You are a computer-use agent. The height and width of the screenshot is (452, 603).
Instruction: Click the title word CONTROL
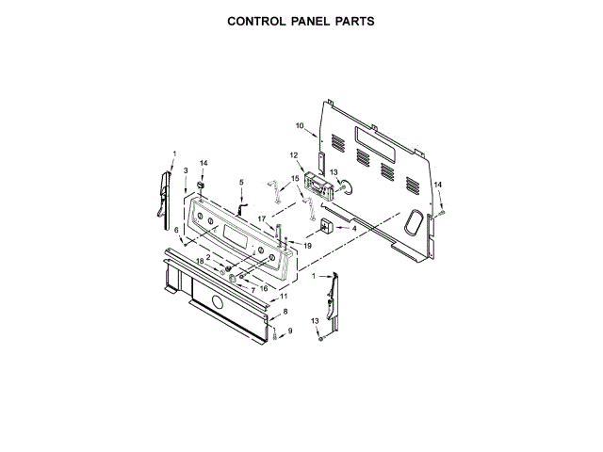[259, 20]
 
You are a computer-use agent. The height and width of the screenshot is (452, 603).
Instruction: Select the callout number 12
[294, 154]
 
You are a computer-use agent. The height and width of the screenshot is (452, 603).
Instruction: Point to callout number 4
[353, 228]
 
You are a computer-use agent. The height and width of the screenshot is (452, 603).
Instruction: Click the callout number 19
[307, 245]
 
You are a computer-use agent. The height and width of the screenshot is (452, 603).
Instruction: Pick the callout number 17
[263, 218]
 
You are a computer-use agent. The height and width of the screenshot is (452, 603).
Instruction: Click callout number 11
[285, 296]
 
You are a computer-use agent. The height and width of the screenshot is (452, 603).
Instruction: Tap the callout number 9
[290, 331]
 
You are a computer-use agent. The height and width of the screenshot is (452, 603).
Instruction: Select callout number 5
[240, 182]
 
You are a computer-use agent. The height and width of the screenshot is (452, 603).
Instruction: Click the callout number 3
[186, 170]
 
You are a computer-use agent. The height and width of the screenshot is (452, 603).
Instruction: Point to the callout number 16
[264, 288]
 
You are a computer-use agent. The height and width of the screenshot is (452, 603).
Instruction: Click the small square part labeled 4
[327, 226]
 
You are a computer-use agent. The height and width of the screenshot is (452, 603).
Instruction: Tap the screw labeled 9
[274, 334]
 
